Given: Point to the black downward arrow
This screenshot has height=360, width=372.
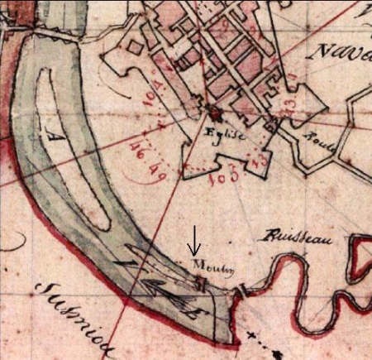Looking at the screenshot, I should (x=194, y=242).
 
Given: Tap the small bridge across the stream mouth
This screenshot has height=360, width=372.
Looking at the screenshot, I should (x=242, y=292).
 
